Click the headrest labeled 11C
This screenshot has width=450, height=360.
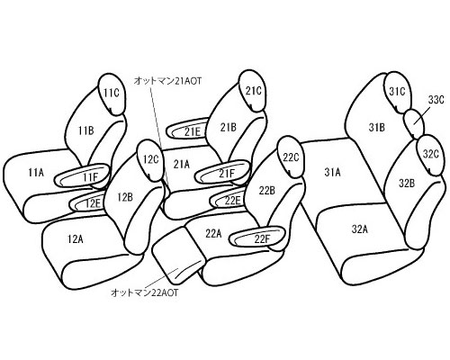coord(112,94)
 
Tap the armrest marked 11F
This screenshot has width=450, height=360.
coord(82,176)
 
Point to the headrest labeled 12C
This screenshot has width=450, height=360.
coord(149,160)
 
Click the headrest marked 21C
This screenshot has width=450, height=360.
coord(253,91)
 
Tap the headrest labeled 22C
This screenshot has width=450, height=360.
coord(291,157)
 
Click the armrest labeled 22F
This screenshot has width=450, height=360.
coord(256,237)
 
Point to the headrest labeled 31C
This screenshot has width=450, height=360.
coord(397,92)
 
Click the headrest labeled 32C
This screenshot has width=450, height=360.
coord(430,155)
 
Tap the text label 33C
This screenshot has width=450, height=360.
coord(436,100)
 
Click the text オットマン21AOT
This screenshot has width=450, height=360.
coord(168,80)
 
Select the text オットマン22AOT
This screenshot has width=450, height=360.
coord(144,292)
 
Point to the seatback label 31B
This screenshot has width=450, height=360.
coord(376,128)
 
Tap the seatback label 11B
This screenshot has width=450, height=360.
coord(86,130)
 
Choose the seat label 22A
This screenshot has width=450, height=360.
coord(213,233)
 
